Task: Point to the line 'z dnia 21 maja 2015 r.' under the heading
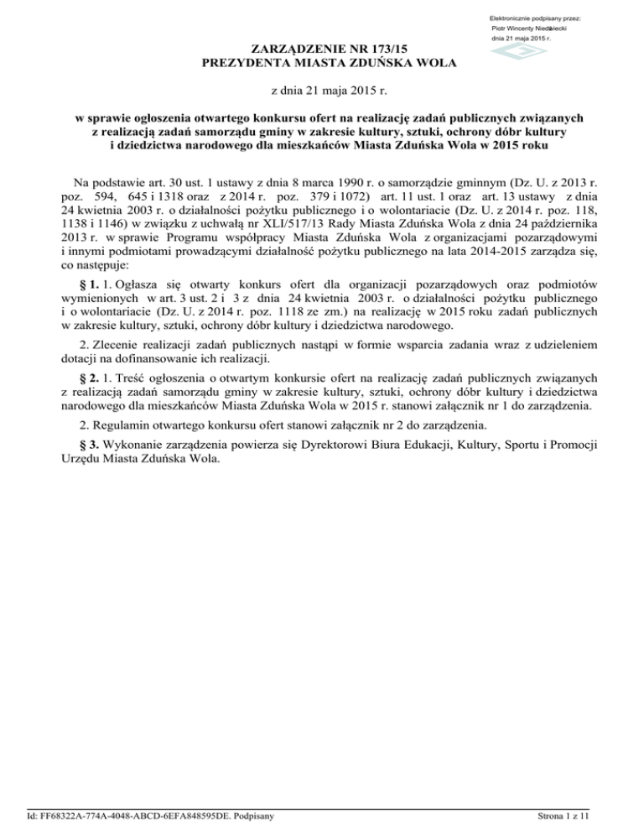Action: tap(322, 91)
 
